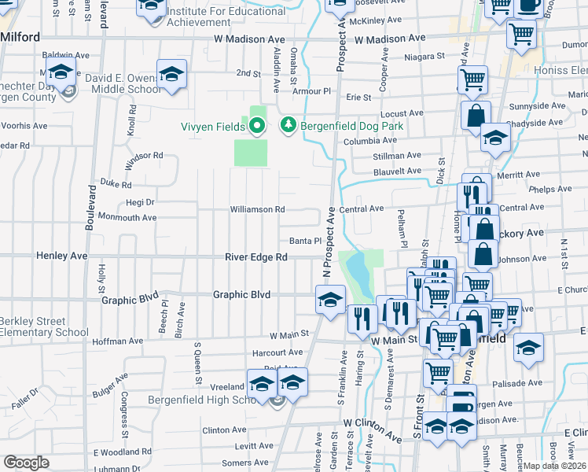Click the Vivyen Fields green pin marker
click(257, 125)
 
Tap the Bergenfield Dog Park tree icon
click(288, 125)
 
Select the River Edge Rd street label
click(256, 257)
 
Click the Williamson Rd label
click(256, 210)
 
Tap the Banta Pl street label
click(302, 242)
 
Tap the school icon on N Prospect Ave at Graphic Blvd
click(331, 298)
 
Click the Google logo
click(26, 462)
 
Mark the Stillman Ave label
click(398, 157)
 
